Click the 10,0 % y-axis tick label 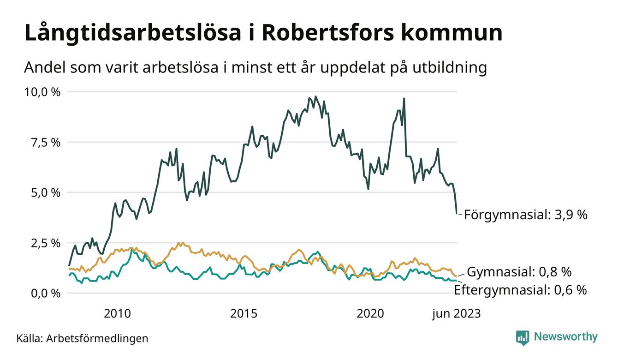(42, 92)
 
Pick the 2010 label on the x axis (118, 314)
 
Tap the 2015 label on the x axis (244, 314)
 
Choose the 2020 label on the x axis (370, 314)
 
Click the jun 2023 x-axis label (456, 314)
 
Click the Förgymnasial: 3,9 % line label (525, 215)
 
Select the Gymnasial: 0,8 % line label (527, 271)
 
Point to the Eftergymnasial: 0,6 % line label (520, 290)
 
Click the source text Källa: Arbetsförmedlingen (82, 338)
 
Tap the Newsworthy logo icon (523, 337)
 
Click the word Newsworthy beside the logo (565, 337)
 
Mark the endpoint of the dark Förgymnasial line (457, 213)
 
